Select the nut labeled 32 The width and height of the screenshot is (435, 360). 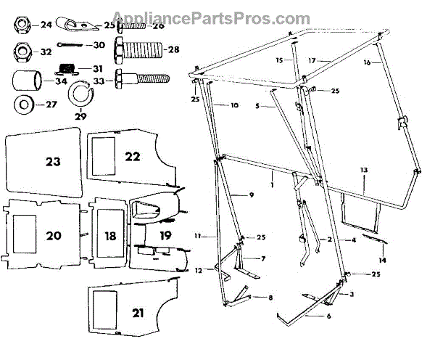[x=22, y=52]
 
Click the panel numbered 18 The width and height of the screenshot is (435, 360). [x=109, y=234]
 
